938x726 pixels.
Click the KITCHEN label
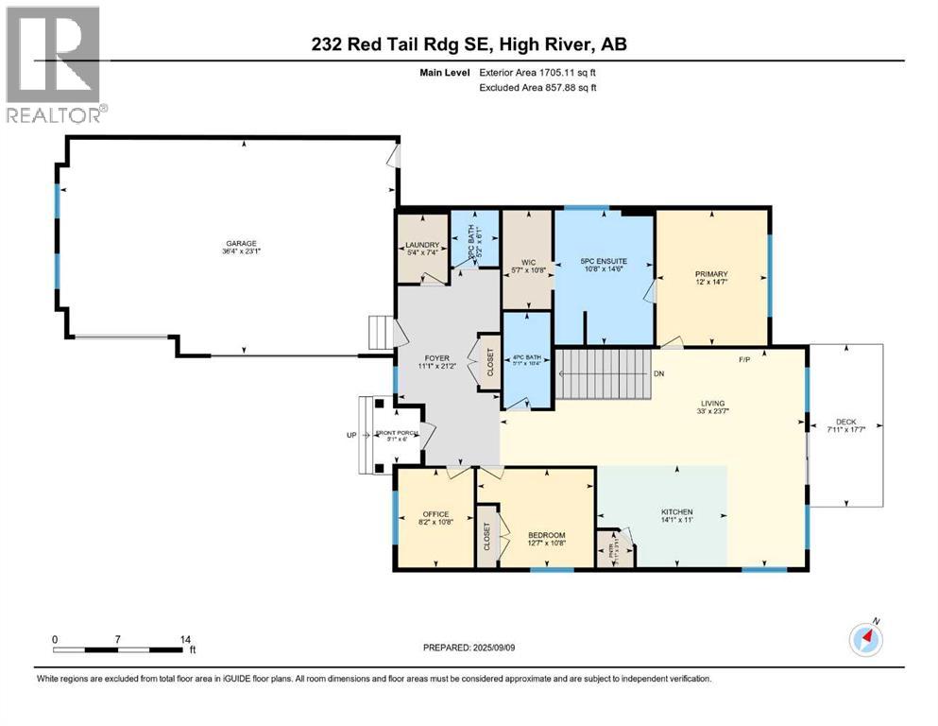click(676, 511)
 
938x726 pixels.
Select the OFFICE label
click(435, 515)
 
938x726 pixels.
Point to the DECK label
click(845, 423)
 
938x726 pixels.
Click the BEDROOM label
click(545, 535)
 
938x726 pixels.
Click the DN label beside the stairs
click(657, 373)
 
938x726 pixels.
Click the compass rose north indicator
click(866, 639)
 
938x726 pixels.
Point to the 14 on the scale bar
click(180, 639)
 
